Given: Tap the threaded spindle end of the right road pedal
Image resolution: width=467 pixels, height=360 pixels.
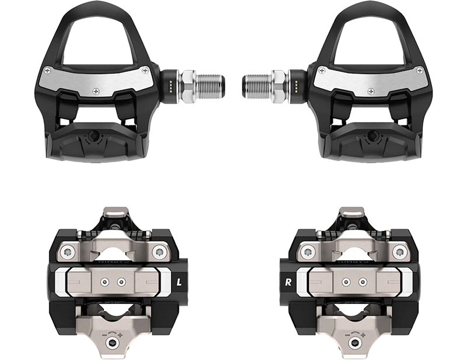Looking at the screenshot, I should click(255, 78).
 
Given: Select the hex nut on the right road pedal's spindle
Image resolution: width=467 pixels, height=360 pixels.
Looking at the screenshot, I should click(278, 78).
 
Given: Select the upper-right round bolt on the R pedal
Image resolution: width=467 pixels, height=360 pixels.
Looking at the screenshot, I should click(400, 252).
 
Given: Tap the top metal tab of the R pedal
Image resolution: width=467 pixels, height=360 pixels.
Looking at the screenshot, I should click(351, 211).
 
